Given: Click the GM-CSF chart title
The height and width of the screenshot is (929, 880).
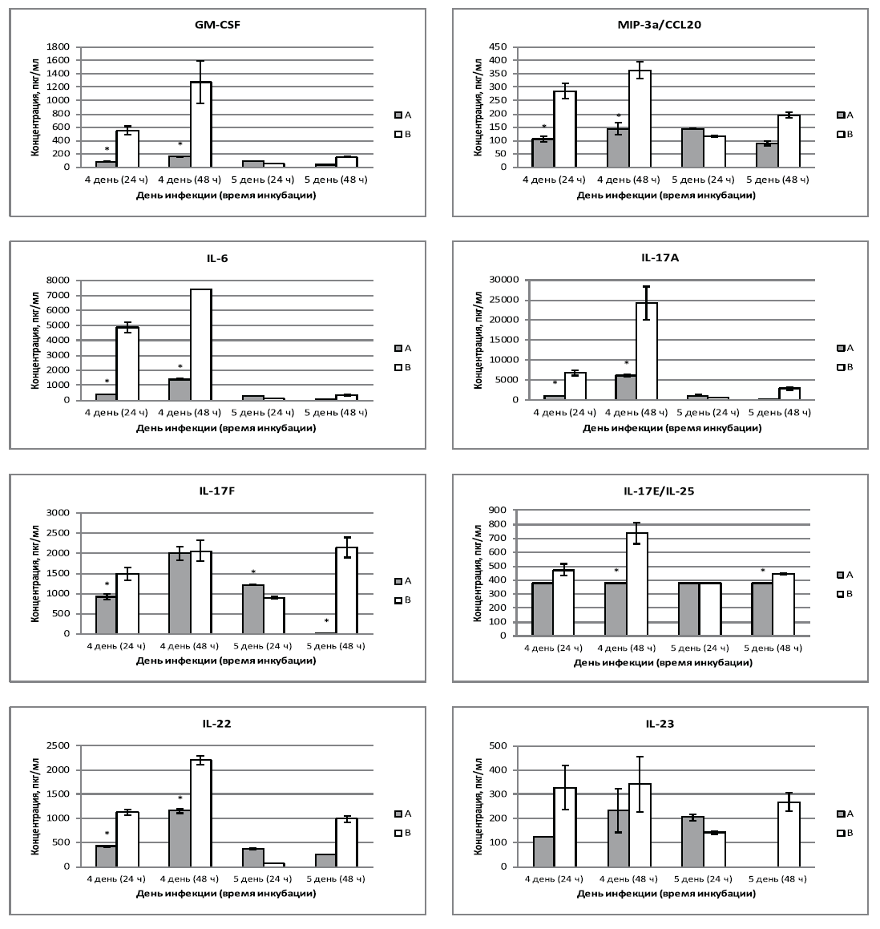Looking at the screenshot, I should [x=218, y=25].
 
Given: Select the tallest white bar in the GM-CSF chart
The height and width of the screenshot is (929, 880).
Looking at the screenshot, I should [x=200, y=125].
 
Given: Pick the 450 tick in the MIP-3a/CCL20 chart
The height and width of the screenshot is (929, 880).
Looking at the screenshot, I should [x=503, y=46].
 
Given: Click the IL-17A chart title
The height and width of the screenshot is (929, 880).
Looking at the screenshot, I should [x=660, y=258].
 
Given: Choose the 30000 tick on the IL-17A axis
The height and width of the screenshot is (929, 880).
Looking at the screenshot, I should [x=495, y=280].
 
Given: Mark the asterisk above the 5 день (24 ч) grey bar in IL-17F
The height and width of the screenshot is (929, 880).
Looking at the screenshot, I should [x=253, y=572].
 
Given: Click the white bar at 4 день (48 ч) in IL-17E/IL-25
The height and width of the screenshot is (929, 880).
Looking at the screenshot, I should [x=637, y=584].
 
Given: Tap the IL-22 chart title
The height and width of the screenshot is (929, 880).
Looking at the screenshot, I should [x=218, y=724].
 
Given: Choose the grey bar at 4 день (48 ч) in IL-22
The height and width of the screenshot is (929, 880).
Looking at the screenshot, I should [x=180, y=839].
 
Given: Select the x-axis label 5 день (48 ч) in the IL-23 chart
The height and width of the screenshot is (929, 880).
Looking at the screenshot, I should [x=779, y=880].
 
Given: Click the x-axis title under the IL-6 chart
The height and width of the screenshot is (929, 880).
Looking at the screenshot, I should [x=226, y=427].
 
